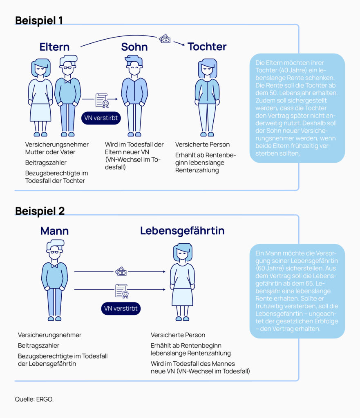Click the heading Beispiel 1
39,20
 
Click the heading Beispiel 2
40,211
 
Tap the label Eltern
54,47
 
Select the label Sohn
134,47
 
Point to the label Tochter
207,47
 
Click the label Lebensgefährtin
182,231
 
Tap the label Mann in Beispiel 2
54,231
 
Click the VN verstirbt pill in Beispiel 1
101,118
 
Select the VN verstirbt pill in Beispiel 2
121,309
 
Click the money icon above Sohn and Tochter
165,39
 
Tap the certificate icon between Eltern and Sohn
102,100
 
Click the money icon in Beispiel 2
121,271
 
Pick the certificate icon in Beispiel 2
122,291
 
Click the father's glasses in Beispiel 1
68,67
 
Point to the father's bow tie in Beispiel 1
68,81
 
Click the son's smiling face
134,69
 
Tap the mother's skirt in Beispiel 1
40,113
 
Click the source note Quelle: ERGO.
34,399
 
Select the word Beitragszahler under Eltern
46,162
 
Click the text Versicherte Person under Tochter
202,145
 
